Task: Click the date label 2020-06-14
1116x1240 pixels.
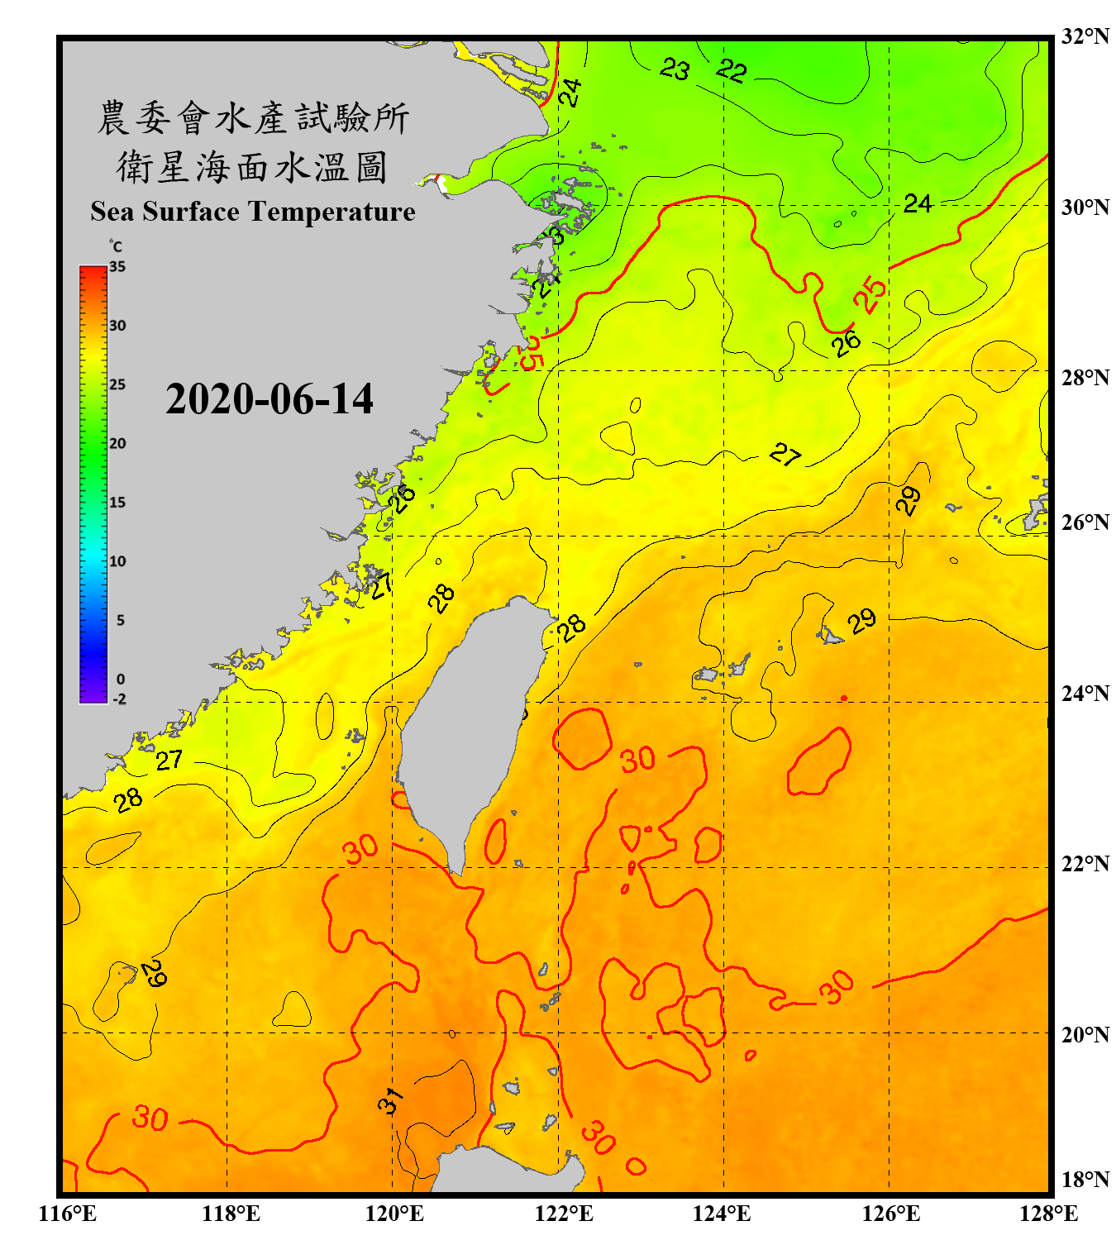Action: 269,399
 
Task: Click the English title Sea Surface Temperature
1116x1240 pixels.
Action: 252,212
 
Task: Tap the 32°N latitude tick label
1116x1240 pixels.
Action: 1085,36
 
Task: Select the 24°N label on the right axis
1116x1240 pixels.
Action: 1085,693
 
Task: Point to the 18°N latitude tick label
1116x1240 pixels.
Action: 1085,1180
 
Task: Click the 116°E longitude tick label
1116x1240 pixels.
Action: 68,1214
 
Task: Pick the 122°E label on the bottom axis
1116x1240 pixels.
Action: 564,1214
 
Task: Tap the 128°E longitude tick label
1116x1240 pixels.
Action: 1048,1214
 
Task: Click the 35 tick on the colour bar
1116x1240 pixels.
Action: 117,267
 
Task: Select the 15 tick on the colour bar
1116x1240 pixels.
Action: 117,503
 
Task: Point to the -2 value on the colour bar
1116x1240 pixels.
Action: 119,699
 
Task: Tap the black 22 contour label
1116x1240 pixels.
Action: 731,70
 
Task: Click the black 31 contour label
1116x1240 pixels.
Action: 391,1100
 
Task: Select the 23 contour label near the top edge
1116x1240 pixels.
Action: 675,69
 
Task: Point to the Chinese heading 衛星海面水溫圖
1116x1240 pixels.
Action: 252,167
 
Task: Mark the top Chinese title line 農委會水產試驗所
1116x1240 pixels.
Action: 252,117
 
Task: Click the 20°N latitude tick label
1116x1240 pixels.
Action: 1085,1034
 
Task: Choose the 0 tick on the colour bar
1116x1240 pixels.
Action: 121,680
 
